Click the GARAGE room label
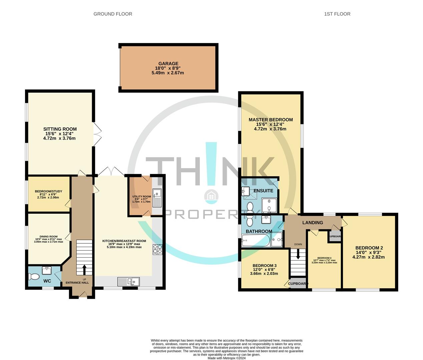[x=168, y=64]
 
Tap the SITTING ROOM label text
[x=60, y=129]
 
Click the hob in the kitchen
[x=157, y=249]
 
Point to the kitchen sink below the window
[x=129, y=282]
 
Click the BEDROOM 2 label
[x=369, y=248]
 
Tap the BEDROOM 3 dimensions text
[x=264, y=274]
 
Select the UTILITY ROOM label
[x=141, y=197]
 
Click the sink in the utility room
[x=157, y=193]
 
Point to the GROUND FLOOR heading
[x=113, y=14]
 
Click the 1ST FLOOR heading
[x=337, y=14]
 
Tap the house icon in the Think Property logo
[x=211, y=196]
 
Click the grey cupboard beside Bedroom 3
[x=298, y=283]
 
